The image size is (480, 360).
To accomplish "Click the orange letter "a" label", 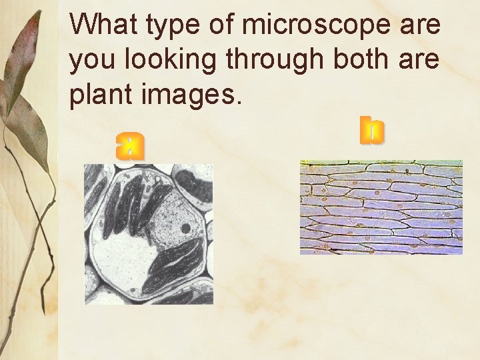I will point(129,145).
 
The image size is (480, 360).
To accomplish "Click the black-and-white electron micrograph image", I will point(149,234).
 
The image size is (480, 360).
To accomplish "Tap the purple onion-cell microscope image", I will point(381,207).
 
